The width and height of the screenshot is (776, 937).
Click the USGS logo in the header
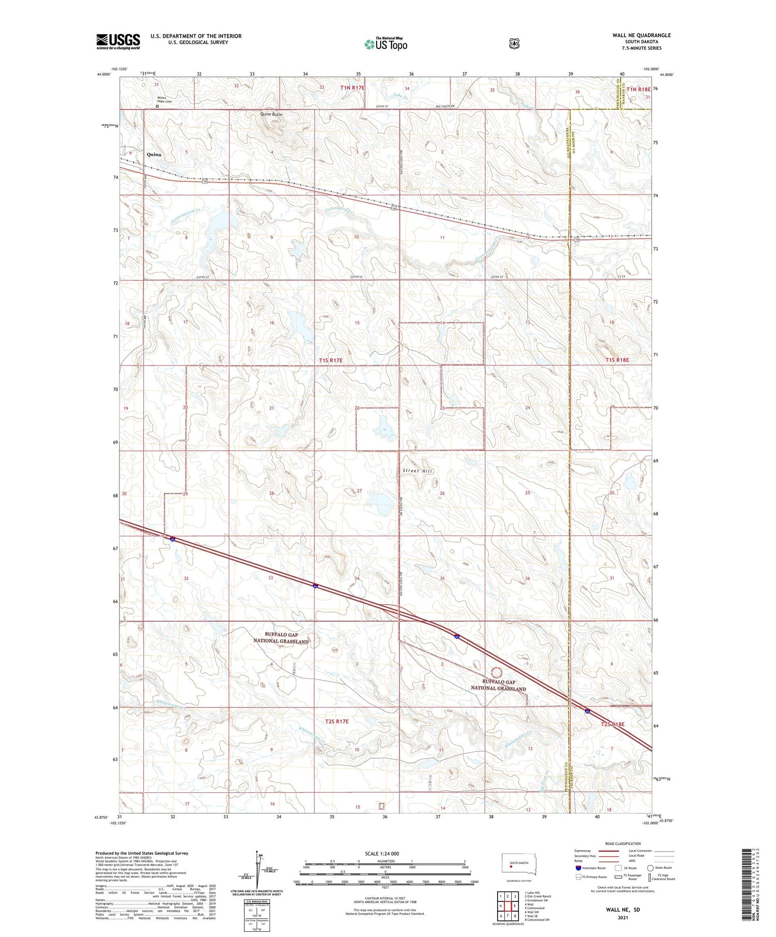click(x=118, y=41)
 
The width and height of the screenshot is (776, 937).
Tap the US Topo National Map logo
click(x=385, y=44)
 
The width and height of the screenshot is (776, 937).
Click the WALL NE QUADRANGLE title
click(x=641, y=35)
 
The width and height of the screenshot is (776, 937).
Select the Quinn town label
click(x=154, y=155)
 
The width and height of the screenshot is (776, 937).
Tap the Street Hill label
click(x=417, y=471)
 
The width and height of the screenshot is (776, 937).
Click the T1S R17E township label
click(x=331, y=360)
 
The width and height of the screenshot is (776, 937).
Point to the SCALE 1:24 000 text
click(x=382, y=853)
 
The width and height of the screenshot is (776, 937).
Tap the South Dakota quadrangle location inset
click(x=519, y=864)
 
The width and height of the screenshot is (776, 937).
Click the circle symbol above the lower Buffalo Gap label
click(x=496, y=672)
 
